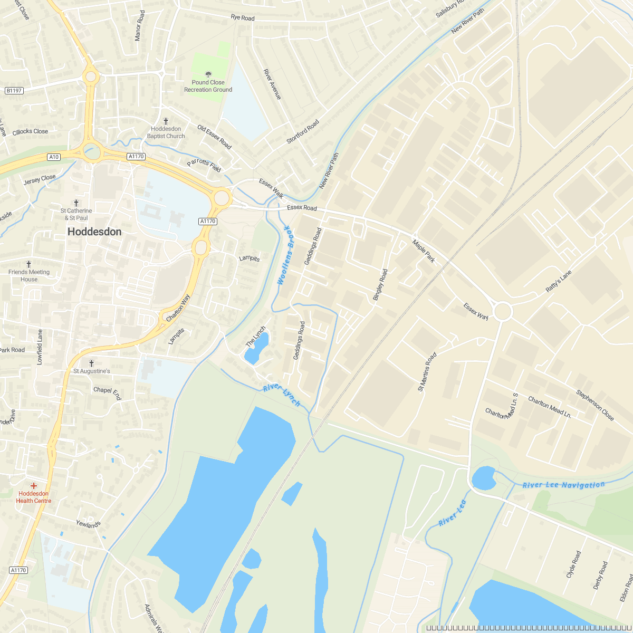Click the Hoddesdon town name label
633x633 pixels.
pyautogui.click(x=94, y=232)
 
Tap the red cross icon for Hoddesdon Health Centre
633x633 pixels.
pyautogui.click(x=34, y=485)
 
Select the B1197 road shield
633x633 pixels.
pyautogui.click(x=14, y=91)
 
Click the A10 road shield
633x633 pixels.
pyautogui.click(x=54, y=157)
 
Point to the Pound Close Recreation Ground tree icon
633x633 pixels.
pyautogui.click(x=208, y=74)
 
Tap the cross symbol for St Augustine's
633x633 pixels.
pyautogui.click(x=91, y=363)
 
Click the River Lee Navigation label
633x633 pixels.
pyautogui.click(x=563, y=485)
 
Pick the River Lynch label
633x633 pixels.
pyautogui.click(x=282, y=396)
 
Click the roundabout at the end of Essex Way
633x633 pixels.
pyautogui.click(x=502, y=311)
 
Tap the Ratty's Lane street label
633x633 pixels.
pyautogui.click(x=559, y=282)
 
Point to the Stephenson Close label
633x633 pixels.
pyautogui.click(x=595, y=405)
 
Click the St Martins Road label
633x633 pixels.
pyautogui.click(x=427, y=372)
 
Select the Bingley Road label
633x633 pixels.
pyautogui.click(x=380, y=285)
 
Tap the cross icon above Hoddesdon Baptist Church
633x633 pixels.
pyautogui.click(x=166, y=121)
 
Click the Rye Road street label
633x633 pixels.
pyautogui.click(x=243, y=18)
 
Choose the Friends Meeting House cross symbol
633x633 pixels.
pyautogui.click(x=29, y=264)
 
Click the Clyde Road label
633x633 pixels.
pyautogui.click(x=573, y=564)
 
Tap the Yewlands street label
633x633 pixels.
pyautogui.click(x=88, y=524)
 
